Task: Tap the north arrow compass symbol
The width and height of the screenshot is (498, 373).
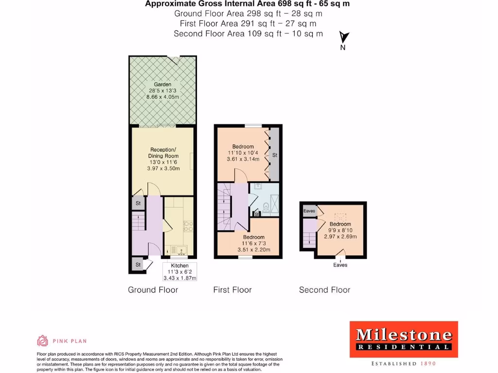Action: point(344,38)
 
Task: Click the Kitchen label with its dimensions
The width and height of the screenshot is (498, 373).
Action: point(179,272)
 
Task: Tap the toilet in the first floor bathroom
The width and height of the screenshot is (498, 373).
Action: point(266,208)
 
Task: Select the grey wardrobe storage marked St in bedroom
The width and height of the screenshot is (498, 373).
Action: point(274,155)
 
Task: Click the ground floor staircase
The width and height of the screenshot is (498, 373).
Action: point(139,223)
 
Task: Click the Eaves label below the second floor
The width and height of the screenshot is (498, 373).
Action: point(340,265)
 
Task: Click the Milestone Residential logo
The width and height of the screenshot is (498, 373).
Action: point(404,339)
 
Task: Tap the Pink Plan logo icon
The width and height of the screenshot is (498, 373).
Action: point(43,340)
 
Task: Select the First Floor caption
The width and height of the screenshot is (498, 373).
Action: point(232,290)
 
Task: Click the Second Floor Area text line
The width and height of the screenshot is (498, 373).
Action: point(249,34)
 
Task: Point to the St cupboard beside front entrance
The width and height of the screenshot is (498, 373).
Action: point(138,265)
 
